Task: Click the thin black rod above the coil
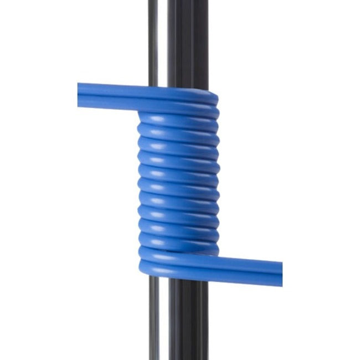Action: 155,39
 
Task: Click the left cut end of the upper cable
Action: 79,96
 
